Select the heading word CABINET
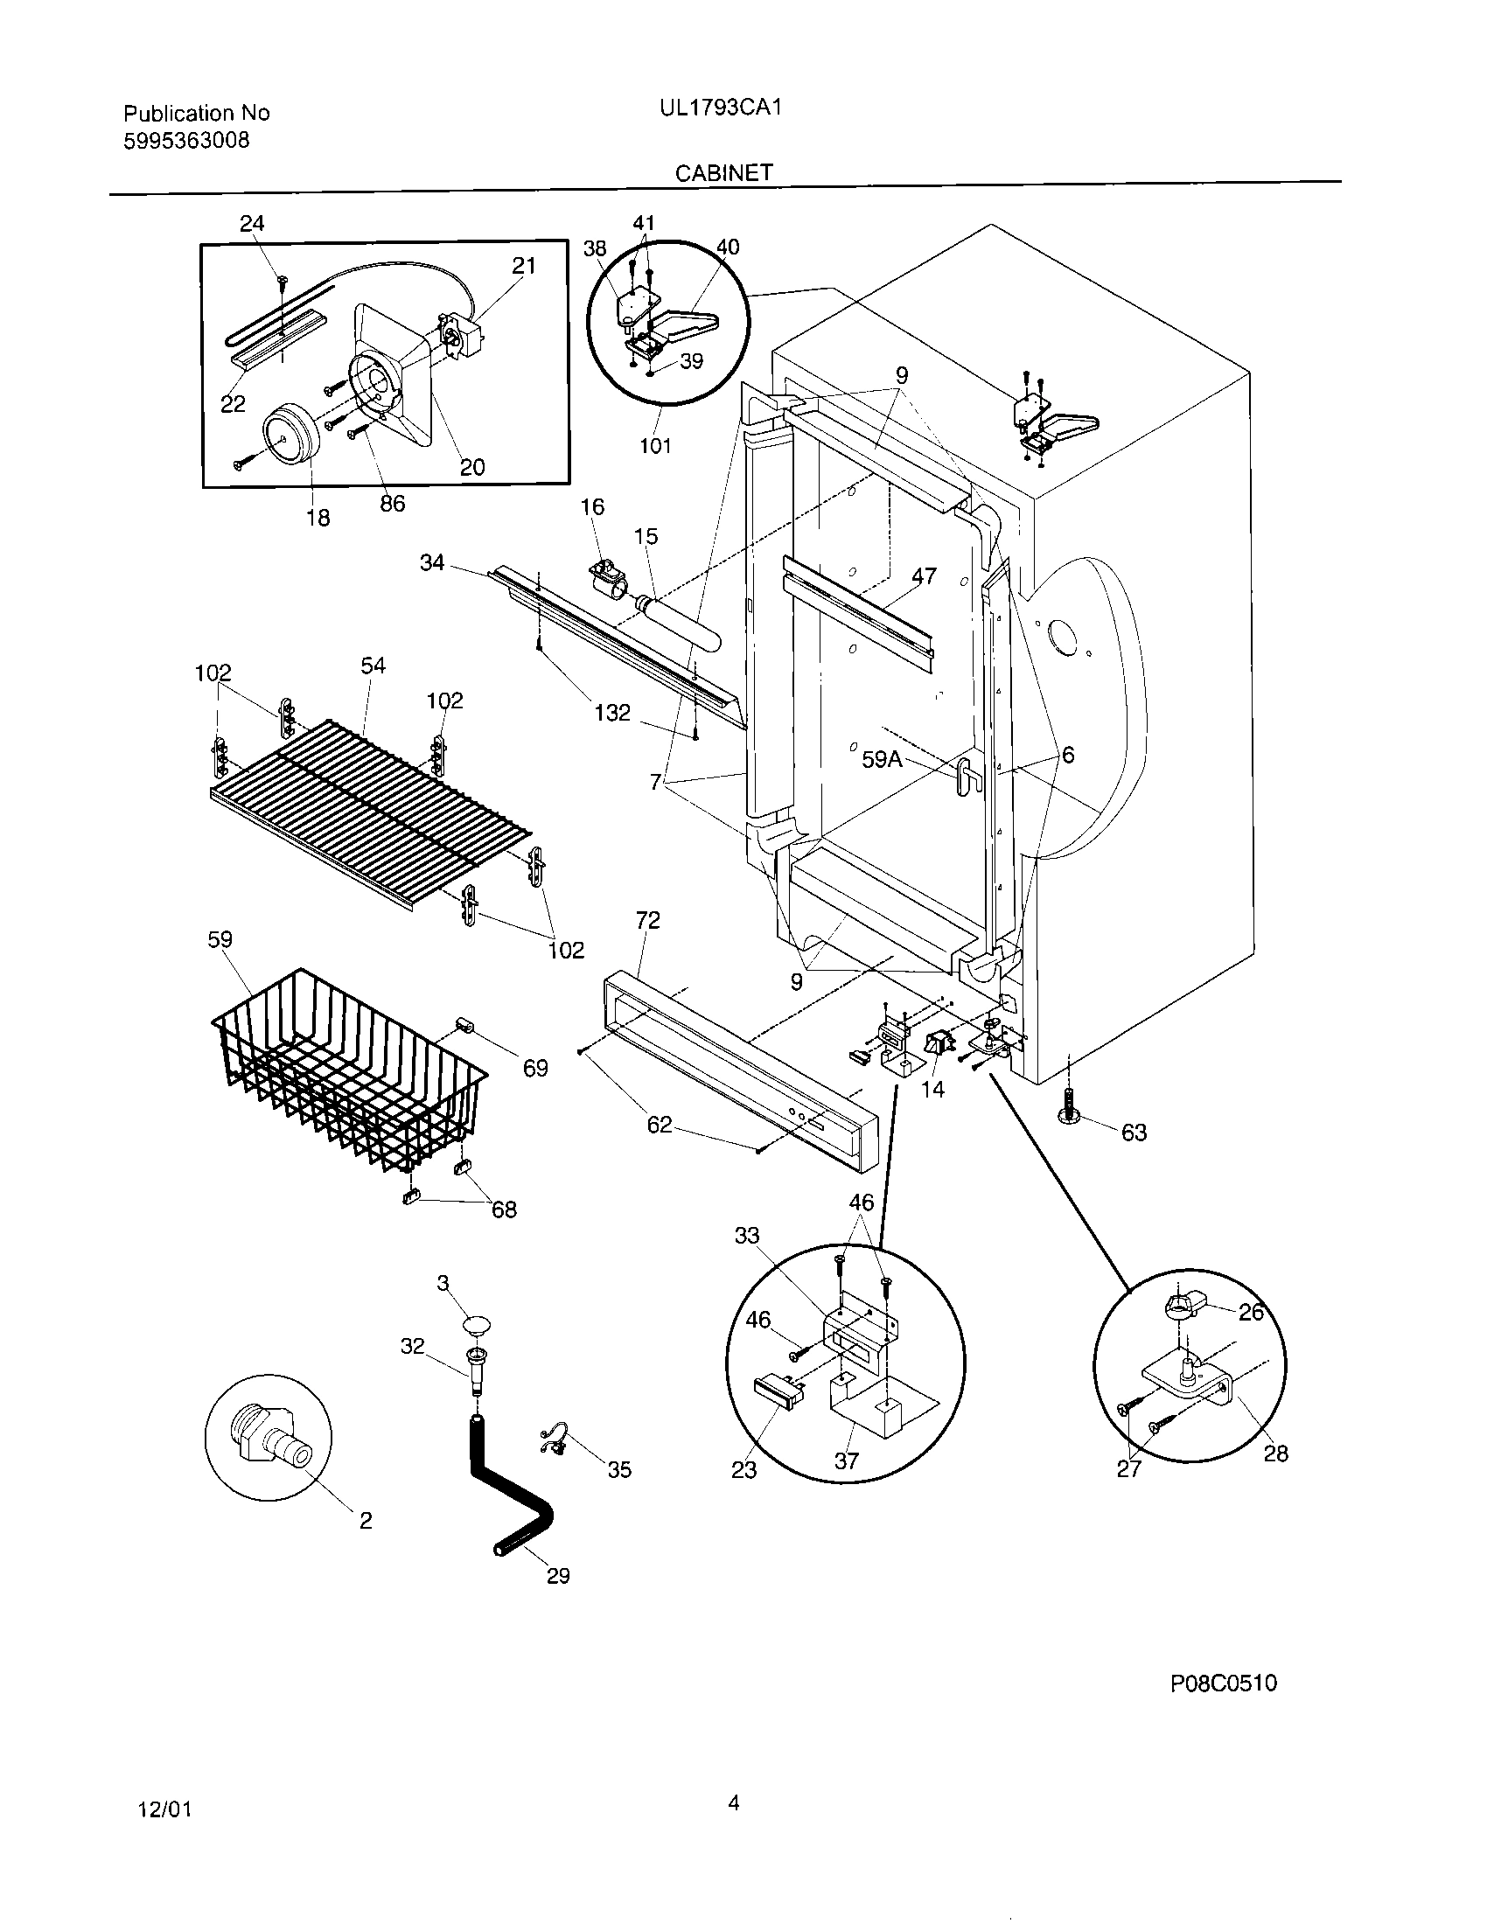pyautogui.click(x=723, y=172)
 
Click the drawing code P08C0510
pyautogui.click(x=1223, y=1683)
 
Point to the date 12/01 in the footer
pyautogui.click(x=164, y=1809)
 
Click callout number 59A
pyautogui.click(x=882, y=758)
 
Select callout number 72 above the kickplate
pyautogui.click(x=647, y=920)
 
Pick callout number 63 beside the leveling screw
pyautogui.click(x=1134, y=1132)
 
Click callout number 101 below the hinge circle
pyautogui.click(x=654, y=445)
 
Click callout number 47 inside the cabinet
pyautogui.click(x=923, y=576)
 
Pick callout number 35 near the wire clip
pyautogui.click(x=619, y=1469)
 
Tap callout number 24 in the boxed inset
pyautogui.click(x=252, y=223)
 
